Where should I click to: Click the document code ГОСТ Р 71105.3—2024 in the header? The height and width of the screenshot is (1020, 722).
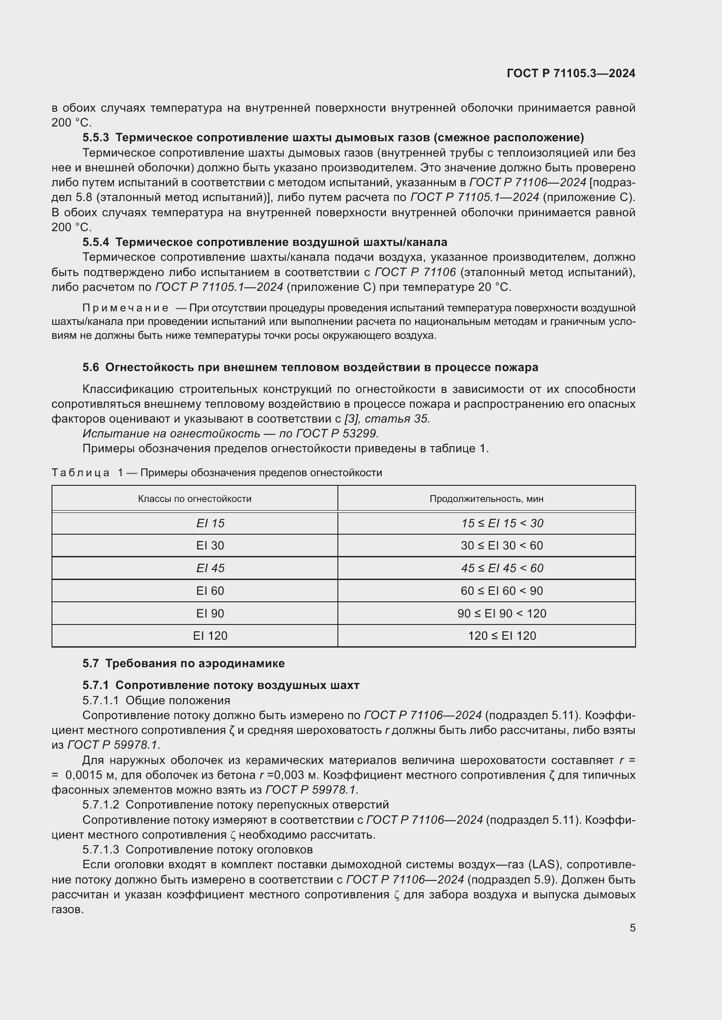571,73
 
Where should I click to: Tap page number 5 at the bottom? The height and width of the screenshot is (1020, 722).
632,928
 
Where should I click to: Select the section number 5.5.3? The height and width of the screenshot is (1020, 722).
96,137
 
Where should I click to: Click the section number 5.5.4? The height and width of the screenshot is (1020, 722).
96,242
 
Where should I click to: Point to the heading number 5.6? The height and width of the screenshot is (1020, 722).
91,367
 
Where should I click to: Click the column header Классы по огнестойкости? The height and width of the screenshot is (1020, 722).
195,498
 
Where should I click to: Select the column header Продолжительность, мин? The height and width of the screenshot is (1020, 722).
486,498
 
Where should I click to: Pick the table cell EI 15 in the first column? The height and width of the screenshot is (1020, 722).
210,523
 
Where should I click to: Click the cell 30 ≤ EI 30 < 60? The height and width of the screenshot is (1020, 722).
502,546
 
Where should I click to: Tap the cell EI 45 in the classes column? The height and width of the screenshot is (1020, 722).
210,568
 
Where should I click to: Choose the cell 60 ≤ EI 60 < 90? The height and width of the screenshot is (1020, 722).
502,591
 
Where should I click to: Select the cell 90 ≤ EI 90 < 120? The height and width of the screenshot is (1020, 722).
502,614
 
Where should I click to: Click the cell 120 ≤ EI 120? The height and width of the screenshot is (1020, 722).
502,636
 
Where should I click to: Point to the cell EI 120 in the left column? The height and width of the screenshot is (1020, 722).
210,636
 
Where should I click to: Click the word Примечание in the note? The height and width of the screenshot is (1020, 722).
125,308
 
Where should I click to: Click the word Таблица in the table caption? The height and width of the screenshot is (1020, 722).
80,473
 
